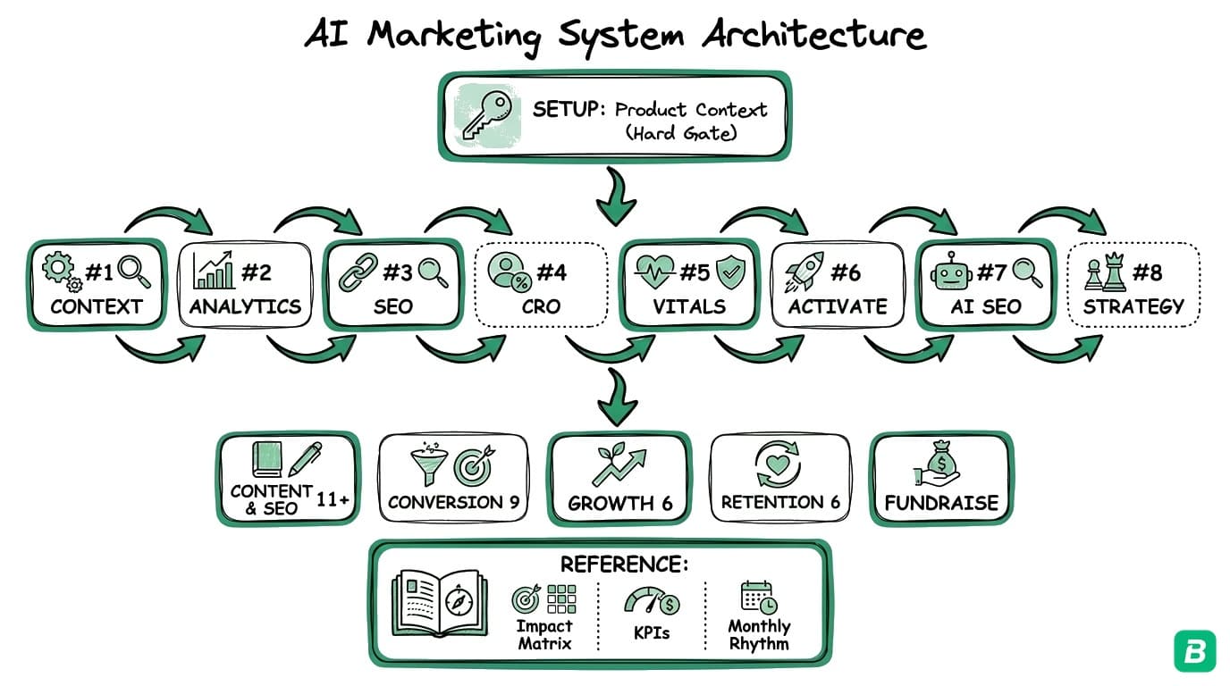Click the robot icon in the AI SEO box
(x=951, y=272)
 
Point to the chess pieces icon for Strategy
(x=1105, y=273)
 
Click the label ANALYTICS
(x=244, y=306)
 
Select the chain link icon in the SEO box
(x=358, y=272)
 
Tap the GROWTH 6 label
(x=619, y=503)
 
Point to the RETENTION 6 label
(x=780, y=502)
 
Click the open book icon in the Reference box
(x=439, y=605)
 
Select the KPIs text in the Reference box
(x=651, y=633)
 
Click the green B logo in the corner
(x=1194, y=650)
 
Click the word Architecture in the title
(x=813, y=36)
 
